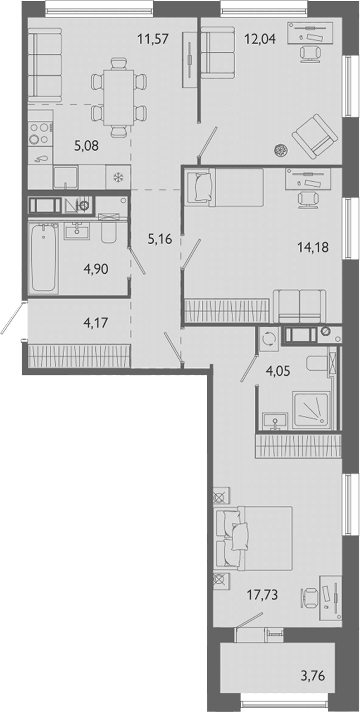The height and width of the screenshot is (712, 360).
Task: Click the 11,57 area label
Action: click(153, 39)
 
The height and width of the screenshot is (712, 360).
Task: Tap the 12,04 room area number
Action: click(260, 39)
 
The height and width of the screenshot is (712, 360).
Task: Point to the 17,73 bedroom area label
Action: click(262, 594)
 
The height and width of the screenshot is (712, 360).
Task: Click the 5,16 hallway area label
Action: click(160, 239)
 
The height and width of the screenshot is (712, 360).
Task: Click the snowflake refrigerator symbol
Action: click(118, 177)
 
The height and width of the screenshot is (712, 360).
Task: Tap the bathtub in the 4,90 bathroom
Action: click(43, 258)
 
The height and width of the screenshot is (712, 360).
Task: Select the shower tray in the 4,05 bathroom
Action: click(312, 409)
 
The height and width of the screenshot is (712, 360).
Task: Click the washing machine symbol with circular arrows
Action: click(269, 339)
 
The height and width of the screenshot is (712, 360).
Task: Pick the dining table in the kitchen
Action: click(118, 97)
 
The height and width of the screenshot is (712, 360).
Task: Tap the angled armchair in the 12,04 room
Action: click(315, 137)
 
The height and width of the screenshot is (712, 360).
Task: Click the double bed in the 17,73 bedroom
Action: click(253, 538)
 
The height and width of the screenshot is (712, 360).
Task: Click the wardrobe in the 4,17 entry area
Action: click(80, 355)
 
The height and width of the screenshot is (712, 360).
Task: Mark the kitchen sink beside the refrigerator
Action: click(65, 177)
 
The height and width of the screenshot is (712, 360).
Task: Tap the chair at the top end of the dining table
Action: click(118, 64)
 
